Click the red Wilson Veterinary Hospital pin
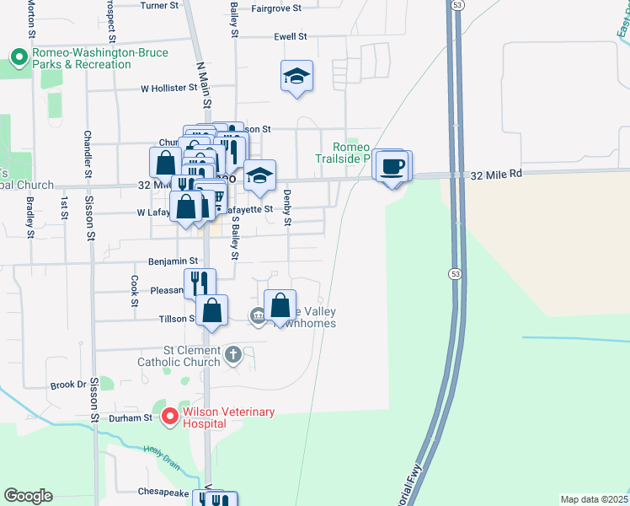pos(169,416)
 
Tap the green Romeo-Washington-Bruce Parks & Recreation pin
pos(19,58)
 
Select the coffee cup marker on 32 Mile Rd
pos(392,165)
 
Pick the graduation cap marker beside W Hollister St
pos(296,77)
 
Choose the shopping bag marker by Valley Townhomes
pos(280,306)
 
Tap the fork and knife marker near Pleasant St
pos(199,283)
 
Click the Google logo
pos(28,496)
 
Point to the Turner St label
pos(160,5)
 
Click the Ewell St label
pos(291,37)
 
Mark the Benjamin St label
pos(173,261)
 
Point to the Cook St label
pos(134,290)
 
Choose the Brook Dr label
pos(69,385)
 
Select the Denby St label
pos(287,207)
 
